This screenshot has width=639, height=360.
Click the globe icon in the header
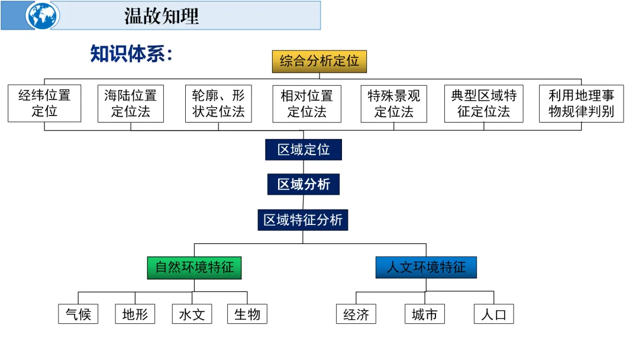click(43, 15)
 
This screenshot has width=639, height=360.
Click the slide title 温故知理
click(161, 16)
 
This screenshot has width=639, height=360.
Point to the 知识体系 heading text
click(131, 53)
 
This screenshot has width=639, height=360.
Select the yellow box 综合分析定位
click(319, 62)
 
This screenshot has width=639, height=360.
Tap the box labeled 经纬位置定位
click(44, 104)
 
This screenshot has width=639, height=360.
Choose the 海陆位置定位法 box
click(131, 104)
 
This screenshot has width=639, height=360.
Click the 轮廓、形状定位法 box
click(218, 104)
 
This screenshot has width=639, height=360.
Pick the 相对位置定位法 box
click(306, 104)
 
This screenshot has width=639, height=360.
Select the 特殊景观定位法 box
click(393, 104)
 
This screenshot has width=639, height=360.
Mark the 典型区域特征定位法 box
click(483, 104)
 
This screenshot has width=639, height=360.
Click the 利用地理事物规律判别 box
click(581, 104)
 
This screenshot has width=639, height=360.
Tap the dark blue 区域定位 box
click(304, 150)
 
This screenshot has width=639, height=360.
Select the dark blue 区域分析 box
click(304, 185)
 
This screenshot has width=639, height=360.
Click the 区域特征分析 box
click(303, 220)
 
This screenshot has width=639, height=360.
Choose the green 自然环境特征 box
click(195, 268)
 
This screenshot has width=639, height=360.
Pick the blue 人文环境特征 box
click(426, 268)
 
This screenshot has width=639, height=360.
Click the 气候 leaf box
click(78, 314)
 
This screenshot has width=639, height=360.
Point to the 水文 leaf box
click(192, 314)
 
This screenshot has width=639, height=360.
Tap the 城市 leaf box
click(425, 314)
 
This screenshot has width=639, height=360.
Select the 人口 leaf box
click(493, 314)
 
